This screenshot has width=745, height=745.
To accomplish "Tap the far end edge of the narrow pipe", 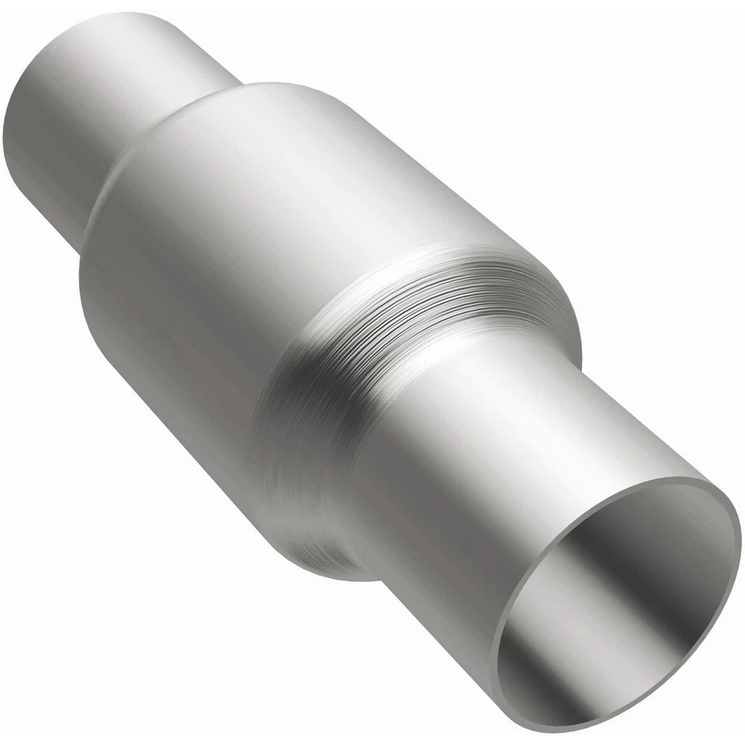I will tap(19, 116).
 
